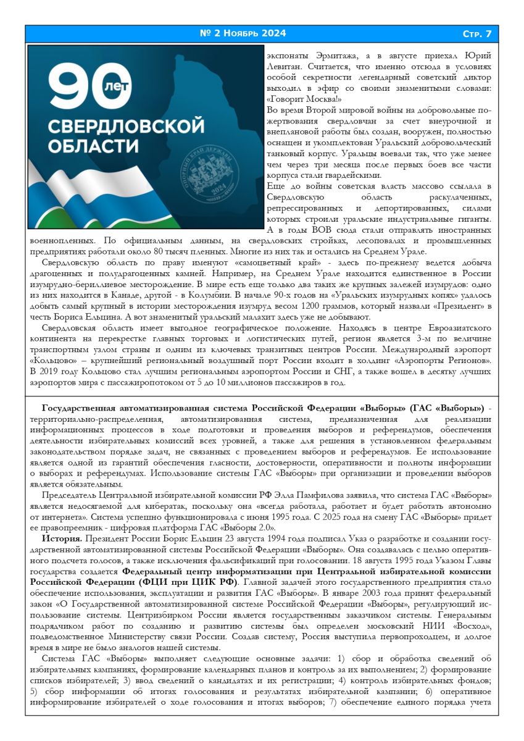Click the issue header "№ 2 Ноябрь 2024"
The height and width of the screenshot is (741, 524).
pos(243,33)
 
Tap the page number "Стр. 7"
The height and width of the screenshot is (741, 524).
pos(477,33)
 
